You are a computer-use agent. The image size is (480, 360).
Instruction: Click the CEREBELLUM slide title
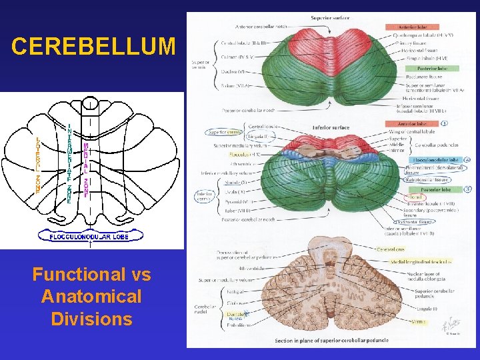point(93,47)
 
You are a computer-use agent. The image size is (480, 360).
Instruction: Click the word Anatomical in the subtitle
point(91,297)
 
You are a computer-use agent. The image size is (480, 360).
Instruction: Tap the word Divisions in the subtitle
point(91,319)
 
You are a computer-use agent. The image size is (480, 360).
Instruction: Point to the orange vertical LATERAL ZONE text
point(39,165)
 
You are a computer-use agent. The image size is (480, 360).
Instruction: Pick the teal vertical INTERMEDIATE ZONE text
point(69,163)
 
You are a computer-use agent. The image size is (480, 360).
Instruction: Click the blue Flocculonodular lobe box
point(436,161)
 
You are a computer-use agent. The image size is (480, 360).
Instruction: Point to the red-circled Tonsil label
point(416,197)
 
